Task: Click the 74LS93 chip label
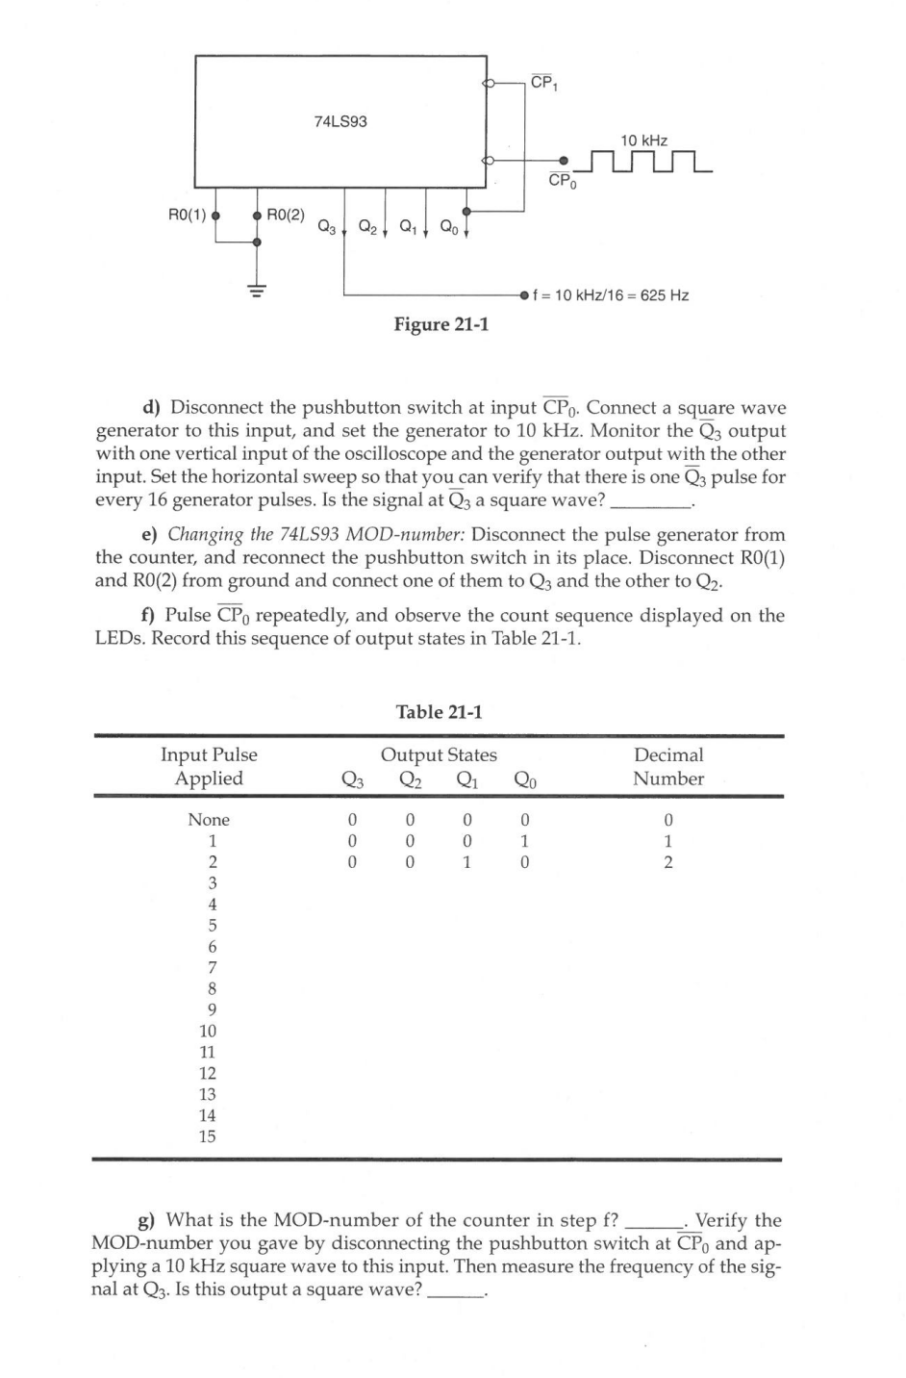[x=340, y=121]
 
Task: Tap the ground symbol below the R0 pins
[x=256, y=289]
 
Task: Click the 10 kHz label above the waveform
[x=644, y=140]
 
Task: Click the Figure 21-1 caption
[x=441, y=324]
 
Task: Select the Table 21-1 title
[x=440, y=712]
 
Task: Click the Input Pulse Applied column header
[x=209, y=767]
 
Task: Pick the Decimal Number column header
[x=668, y=767]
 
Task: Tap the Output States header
[x=439, y=755]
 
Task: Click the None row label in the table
[x=209, y=820]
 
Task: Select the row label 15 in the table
[x=208, y=1136]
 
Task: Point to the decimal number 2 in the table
[x=668, y=862]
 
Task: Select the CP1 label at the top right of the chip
[x=544, y=83]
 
